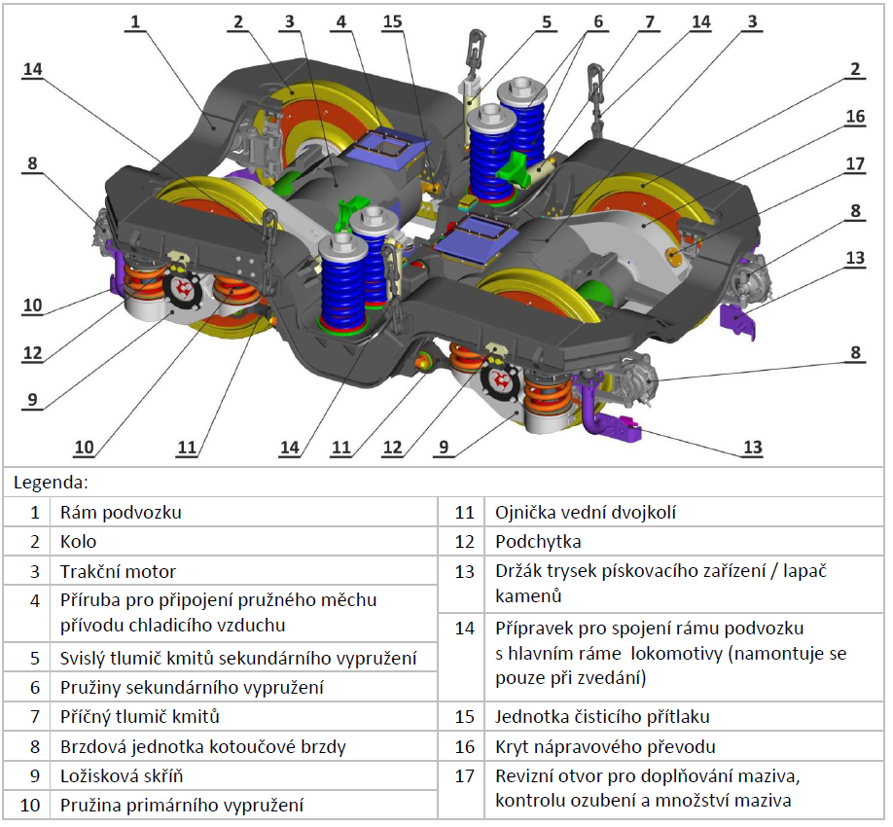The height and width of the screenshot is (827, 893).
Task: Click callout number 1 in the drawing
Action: (x=135, y=21)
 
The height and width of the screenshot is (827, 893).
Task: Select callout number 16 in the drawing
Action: (x=855, y=116)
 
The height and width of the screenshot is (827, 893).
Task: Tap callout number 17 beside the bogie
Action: (x=855, y=163)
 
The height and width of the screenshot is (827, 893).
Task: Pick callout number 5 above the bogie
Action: (x=547, y=21)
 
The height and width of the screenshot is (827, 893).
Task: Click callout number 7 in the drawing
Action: (x=650, y=21)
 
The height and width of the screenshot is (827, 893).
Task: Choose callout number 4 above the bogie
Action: (x=341, y=21)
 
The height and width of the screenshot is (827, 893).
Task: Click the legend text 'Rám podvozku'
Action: (x=121, y=512)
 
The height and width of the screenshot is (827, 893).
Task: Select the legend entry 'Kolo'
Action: (x=78, y=541)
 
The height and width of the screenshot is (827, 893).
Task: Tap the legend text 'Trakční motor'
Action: (x=118, y=571)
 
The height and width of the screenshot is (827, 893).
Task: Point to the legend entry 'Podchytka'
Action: (x=538, y=541)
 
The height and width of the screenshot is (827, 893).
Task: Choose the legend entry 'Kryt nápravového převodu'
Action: (x=605, y=746)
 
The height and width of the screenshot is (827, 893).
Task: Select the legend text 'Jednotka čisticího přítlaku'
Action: (x=602, y=716)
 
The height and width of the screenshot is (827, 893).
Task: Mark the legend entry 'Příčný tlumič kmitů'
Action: (x=139, y=716)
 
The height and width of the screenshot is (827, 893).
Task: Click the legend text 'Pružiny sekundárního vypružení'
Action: (x=192, y=688)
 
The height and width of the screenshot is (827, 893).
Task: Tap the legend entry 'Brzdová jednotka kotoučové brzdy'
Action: (x=203, y=746)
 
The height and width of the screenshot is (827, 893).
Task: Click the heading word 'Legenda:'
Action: (x=51, y=483)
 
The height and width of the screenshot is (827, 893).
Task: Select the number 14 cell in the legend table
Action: (x=464, y=629)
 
